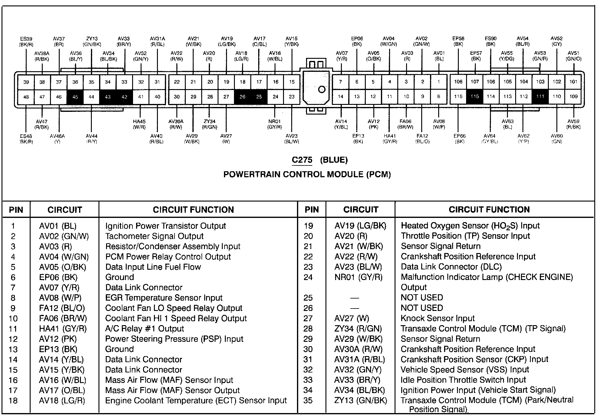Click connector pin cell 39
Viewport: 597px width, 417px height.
tap(26, 82)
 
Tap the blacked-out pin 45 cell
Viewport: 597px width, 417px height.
tap(75, 97)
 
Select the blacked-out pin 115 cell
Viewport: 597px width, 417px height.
tap(475, 96)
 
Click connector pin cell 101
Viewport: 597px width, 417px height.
tap(573, 82)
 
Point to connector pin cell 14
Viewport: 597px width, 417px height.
tap(341, 96)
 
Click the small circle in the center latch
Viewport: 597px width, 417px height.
tap(322, 89)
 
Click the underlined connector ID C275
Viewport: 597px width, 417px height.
tap(302, 160)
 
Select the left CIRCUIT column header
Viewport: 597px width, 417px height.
tap(65, 210)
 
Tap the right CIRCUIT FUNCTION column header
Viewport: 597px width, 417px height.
tap(489, 209)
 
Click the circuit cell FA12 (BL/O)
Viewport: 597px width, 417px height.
tap(62, 308)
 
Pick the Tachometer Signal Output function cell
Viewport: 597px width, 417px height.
tap(154, 236)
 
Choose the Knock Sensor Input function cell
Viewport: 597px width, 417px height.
tap(438, 318)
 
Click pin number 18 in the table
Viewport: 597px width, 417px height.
tap(13, 401)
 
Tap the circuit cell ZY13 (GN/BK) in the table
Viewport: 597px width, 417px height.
tap(361, 400)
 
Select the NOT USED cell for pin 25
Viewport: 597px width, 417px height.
tap(422, 298)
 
